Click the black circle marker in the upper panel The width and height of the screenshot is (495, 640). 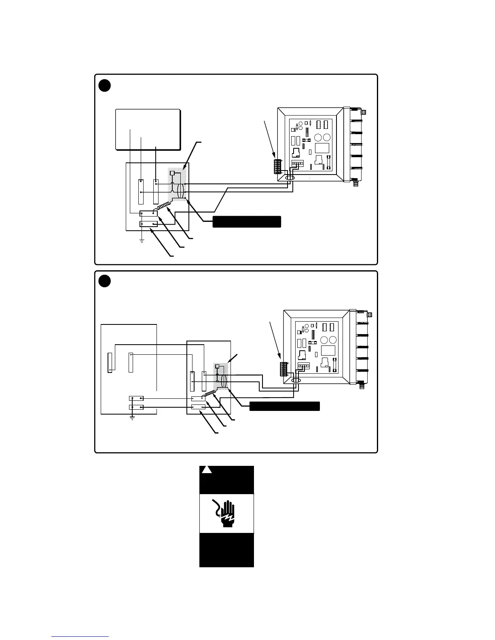[105, 86]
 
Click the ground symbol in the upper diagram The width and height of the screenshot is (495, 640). [142, 241]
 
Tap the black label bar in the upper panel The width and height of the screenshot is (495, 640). [247, 221]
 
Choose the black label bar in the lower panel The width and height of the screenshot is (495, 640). [285, 406]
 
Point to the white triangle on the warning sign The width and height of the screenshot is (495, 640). [207, 470]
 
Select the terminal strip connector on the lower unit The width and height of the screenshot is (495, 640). [283, 369]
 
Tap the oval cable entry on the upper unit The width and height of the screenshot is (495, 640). [290, 178]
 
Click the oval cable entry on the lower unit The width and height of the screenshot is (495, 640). [296, 381]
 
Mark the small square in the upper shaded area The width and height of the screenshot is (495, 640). [172, 173]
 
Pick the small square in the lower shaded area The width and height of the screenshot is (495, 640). [217, 366]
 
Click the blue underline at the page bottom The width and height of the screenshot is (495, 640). [80, 636]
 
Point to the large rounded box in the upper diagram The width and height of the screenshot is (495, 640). [148, 129]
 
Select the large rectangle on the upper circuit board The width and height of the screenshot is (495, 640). [322, 148]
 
